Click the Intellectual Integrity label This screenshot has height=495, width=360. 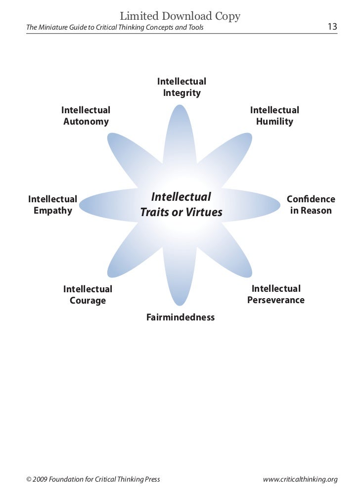tap(181, 87)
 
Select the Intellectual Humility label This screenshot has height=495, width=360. tap(274, 116)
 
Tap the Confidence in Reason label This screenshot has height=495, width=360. tap(311, 205)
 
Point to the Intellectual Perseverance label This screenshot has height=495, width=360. tap(276, 294)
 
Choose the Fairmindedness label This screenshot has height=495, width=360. tap(180, 317)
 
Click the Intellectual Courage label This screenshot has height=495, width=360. tap(88, 295)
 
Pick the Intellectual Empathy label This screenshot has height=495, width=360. tap(52, 205)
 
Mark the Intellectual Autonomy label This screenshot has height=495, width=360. tap(86, 116)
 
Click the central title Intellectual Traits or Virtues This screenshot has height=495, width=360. tap(181, 205)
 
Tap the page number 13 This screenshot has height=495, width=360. tap(332, 27)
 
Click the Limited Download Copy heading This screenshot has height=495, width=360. tap(180, 16)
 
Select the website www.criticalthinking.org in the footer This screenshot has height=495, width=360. tap(300, 479)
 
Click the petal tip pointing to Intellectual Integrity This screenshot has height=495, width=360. tap(177, 107)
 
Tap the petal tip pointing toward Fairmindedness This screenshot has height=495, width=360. tap(177, 303)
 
